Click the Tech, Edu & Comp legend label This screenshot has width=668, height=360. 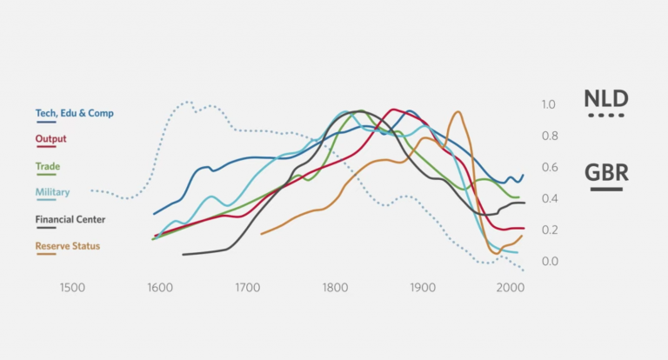[74, 113]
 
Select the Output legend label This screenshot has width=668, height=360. [50, 139]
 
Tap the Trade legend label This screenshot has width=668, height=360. [48, 166]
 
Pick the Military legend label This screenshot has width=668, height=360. [52, 192]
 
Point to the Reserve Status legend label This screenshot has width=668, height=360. [67, 246]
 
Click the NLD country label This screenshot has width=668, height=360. [605, 98]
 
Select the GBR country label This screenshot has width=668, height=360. [606, 172]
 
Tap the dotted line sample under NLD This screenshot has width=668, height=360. [605, 116]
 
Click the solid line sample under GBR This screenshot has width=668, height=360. [606, 189]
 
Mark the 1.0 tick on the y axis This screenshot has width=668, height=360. [548, 104]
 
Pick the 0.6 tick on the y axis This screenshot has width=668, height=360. [548, 167]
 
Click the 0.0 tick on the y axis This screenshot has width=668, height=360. [548, 262]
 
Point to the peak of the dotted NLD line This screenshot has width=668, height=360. [188, 103]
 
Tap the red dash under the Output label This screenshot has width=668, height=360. [43, 149]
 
